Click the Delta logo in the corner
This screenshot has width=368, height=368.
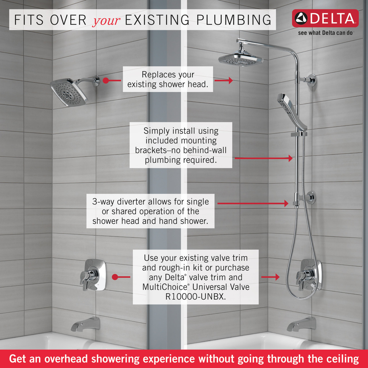point(325,18)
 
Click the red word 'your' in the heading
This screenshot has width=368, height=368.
point(106,21)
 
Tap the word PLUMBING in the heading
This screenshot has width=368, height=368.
point(234,20)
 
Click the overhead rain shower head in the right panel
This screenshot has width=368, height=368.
point(241,59)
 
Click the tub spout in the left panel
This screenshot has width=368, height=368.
point(85,325)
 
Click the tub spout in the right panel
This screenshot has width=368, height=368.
point(301,325)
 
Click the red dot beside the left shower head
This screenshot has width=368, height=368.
point(106,80)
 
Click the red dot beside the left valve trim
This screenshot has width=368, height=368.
point(115,277)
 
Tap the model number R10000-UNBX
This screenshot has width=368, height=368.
point(195,297)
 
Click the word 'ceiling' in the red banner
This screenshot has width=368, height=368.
point(342,359)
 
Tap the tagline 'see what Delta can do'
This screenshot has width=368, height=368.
point(325,33)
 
